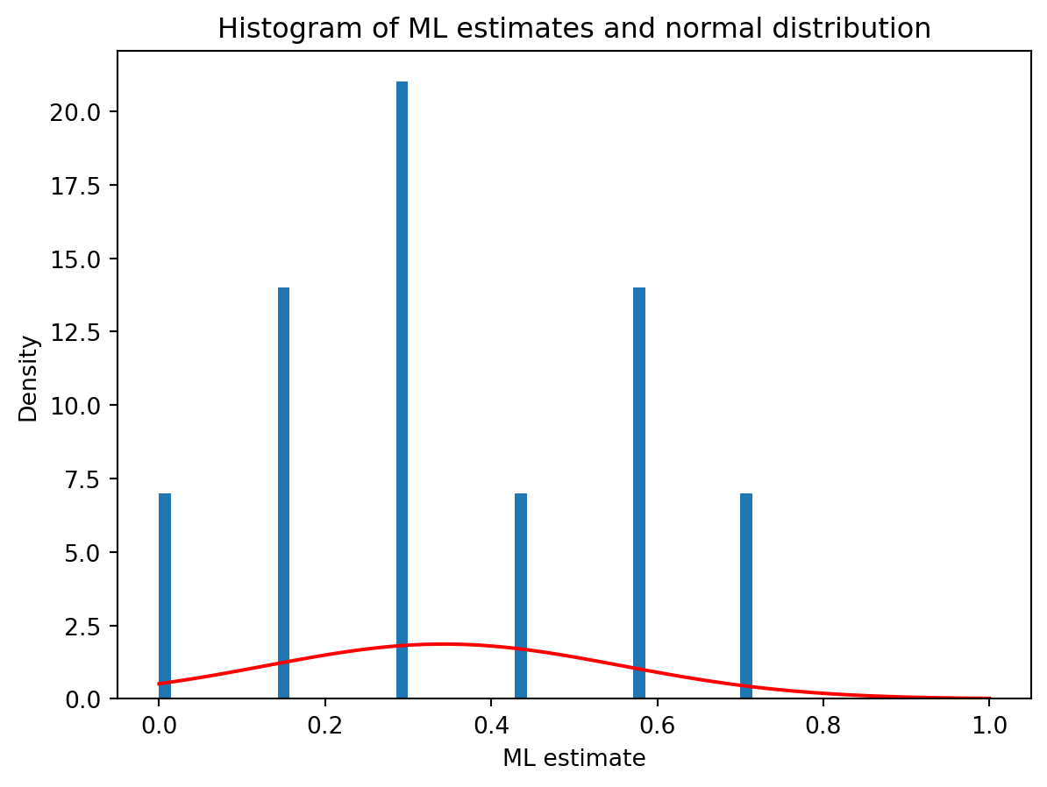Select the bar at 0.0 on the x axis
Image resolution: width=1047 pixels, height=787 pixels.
[x=165, y=596]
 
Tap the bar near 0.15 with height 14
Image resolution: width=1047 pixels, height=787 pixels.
[x=283, y=491]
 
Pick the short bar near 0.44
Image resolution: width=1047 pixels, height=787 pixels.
[x=521, y=596]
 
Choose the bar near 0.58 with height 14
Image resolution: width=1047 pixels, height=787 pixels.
[x=639, y=491]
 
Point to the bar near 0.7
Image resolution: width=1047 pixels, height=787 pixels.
[x=746, y=596]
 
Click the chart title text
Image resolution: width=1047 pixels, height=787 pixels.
[x=574, y=29]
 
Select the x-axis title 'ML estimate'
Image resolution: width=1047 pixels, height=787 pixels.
[x=574, y=758]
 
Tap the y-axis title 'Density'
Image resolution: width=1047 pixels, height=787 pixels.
[x=29, y=378]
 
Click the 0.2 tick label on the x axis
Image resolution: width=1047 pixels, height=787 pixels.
[x=324, y=725]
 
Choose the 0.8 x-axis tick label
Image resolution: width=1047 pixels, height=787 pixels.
[x=823, y=725]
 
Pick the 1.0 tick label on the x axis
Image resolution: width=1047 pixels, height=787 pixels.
[x=989, y=725]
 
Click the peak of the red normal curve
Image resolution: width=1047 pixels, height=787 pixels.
[x=443, y=644]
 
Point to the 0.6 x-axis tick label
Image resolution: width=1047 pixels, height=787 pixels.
[x=657, y=725]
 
